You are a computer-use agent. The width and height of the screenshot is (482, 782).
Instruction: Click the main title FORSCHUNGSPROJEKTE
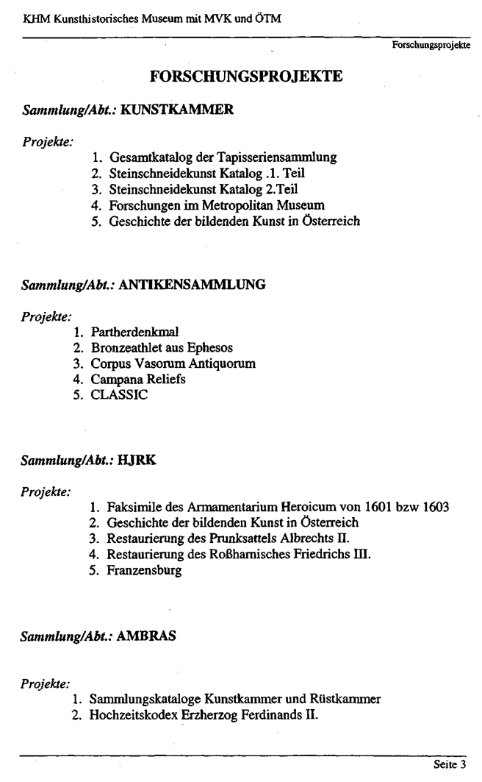(x=246, y=77)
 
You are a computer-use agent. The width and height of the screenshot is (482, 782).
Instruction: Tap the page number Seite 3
(x=450, y=764)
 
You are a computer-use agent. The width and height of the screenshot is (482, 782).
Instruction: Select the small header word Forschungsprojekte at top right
(x=432, y=45)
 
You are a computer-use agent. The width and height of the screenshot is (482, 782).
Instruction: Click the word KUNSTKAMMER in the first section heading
(x=176, y=110)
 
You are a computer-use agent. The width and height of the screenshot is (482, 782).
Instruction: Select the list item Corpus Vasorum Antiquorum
(x=163, y=363)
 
